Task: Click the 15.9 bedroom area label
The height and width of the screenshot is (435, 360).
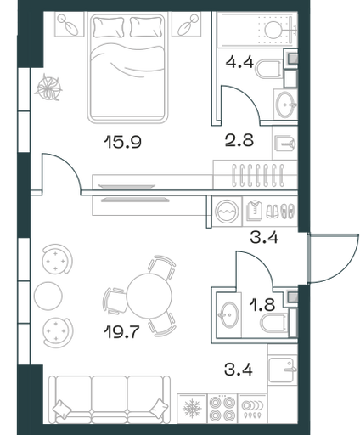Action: [122, 142]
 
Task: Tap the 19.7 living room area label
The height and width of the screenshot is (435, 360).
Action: [122, 331]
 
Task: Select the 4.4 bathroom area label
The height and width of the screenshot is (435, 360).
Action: [239, 62]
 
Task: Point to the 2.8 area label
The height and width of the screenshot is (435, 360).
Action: [239, 140]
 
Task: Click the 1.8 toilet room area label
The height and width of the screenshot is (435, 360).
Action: [262, 305]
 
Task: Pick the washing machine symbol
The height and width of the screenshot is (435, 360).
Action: [227, 212]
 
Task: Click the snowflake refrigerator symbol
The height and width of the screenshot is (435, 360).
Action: [192, 409]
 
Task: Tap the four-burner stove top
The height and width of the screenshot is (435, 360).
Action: [222, 409]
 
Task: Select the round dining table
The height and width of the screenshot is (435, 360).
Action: [149, 296]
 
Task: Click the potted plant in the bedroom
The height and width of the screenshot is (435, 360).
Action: [48, 88]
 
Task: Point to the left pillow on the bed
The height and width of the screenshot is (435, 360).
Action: [109, 27]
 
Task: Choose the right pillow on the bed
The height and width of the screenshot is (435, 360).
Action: [146, 27]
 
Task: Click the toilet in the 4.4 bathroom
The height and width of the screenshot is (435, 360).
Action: [268, 68]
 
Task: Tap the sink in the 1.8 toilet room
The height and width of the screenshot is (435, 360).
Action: [229, 314]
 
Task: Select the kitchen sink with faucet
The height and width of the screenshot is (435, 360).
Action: [282, 370]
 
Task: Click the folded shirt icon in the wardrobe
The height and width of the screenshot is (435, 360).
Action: [254, 211]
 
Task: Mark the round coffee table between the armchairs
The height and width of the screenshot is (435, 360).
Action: [48, 296]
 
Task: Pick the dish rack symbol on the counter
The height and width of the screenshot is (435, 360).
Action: [252, 409]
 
